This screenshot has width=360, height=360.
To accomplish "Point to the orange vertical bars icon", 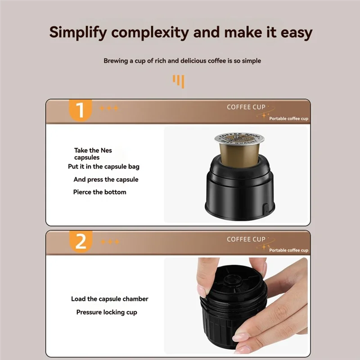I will pyautogui.click(x=179, y=81).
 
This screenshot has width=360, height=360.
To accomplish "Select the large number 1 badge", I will pyautogui.click(x=81, y=110).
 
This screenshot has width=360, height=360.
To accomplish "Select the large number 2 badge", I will pyautogui.click(x=81, y=242).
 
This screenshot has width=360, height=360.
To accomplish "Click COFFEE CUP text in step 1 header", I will pyautogui.click(x=246, y=107).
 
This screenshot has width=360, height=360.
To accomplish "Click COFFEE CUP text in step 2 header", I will pyautogui.click(x=246, y=239).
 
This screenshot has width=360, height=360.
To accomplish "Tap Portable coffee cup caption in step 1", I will pyautogui.click(x=288, y=119).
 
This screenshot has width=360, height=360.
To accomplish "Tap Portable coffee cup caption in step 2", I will pyautogui.click(x=288, y=250).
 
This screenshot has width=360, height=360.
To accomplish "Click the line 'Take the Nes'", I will pyautogui.click(x=93, y=150).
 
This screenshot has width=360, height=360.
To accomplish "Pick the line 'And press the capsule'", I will pyautogui.click(x=106, y=180).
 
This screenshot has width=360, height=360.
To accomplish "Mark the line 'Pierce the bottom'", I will pyautogui.click(x=99, y=192).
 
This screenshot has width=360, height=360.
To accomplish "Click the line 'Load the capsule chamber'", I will pyautogui.click(x=109, y=299).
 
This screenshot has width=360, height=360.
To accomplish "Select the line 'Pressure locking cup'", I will pyautogui.click(x=106, y=312).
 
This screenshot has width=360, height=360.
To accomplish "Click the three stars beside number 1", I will pyautogui.click(x=109, y=108).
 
